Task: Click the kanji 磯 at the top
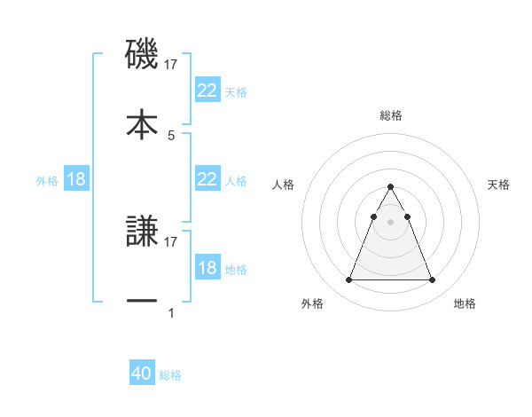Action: click(142, 55)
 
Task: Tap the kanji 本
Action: click(142, 123)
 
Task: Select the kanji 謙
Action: click(142, 232)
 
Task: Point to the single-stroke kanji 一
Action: click(142, 302)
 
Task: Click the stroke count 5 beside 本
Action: click(171, 136)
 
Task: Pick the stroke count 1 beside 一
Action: click(171, 312)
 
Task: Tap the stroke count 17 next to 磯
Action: click(172, 65)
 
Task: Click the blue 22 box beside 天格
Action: click(207, 90)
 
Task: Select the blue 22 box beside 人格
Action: click(207, 179)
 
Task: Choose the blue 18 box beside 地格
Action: click(207, 268)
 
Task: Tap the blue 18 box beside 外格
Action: click(76, 179)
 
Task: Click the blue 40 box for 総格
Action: click(142, 374)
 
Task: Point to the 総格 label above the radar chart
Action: click(390, 115)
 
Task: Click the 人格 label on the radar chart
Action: click(285, 185)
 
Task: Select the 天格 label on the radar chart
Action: click(498, 185)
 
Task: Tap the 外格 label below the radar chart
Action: click(312, 303)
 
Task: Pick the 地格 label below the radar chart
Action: click(465, 303)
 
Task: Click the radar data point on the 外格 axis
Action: click(348, 280)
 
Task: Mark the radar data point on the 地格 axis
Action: click(432, 280)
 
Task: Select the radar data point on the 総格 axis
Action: click(390, 186)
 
